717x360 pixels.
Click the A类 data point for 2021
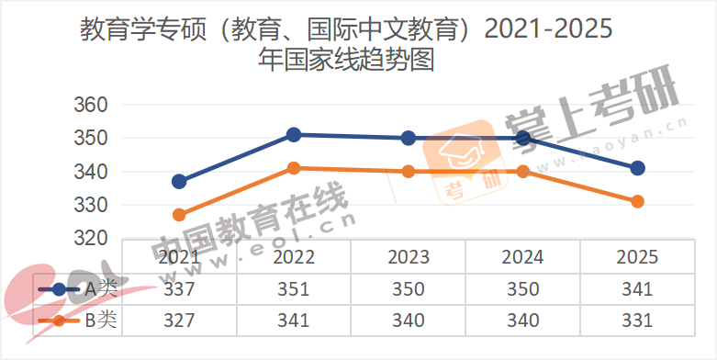[x=179, y=181]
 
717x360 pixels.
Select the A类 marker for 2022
[x=294, y=135]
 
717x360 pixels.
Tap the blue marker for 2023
[x=409, y=138]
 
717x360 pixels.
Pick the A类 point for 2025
[x=637, y=168]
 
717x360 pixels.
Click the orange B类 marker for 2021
[x=179, y=215]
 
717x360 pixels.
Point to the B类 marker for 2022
[x=294, y=168]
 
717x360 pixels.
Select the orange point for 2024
[x=523, y=171]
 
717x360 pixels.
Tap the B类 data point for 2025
[x=637, y=201]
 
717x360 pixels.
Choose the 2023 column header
[x=409, y=256]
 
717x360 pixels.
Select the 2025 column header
[x=637, y=256]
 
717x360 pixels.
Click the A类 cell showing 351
[x=294, y=289]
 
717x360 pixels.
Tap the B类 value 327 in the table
[x=179, y=321]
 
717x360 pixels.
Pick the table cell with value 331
[x=637, y=321]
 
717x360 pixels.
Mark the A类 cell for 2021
[x=179, y=289]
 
